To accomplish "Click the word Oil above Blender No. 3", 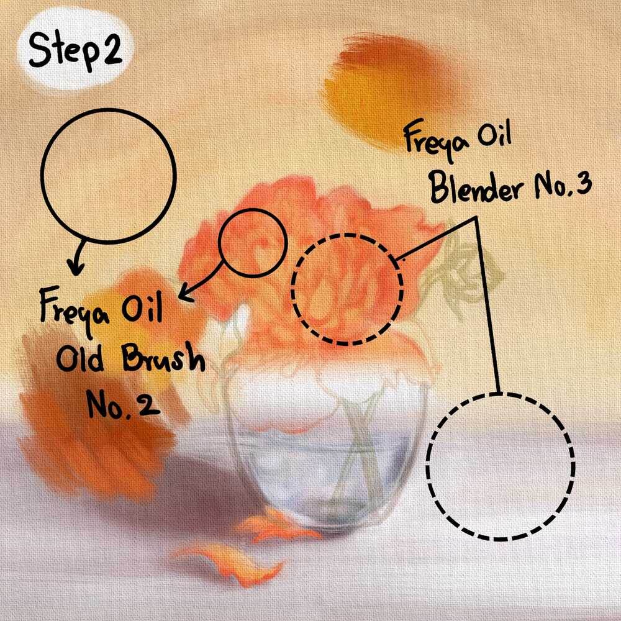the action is coord(495,135).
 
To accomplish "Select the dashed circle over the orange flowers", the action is coord(292,289).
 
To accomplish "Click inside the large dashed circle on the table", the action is coord(500,466).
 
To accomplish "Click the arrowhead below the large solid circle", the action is coord(75,266).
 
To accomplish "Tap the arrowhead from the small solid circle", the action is coord(185,294).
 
